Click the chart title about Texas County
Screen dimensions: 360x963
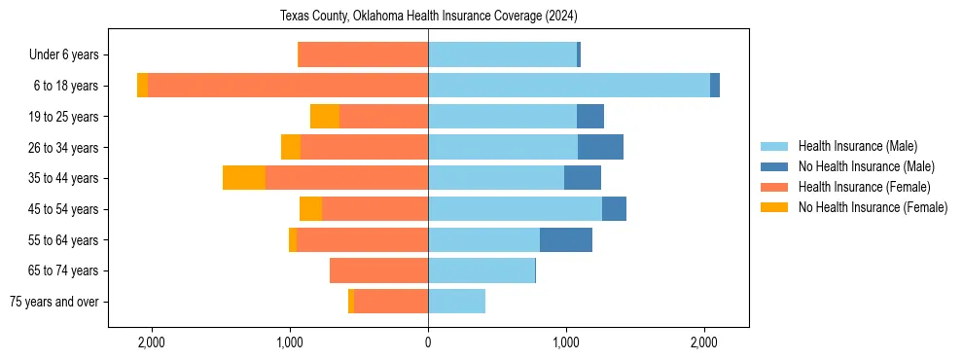pos(428,17)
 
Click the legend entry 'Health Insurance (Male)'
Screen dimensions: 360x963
pos(857,146)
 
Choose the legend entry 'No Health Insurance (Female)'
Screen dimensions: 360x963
pos(873,207)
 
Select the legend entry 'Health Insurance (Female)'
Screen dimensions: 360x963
pos(864,187)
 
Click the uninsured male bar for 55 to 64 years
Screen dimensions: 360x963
pos(566,239)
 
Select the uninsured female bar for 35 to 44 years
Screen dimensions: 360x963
pos(244,178)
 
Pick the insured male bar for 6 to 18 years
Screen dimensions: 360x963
pos(569,86)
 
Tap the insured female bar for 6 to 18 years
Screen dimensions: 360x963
pos(288,86)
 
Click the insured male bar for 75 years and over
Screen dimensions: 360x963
pos(456,302)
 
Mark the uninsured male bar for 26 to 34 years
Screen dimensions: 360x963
pos(600,147)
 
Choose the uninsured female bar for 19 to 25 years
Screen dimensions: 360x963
pos(325,117)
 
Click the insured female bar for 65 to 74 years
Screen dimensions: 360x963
pos(378,270)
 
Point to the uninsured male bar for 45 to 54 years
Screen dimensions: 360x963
pos(614,209)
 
